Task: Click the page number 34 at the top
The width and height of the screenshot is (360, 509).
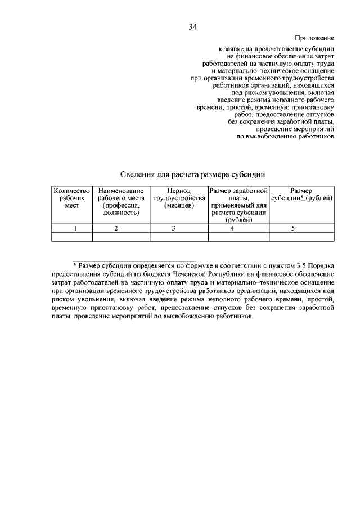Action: pos(193,26)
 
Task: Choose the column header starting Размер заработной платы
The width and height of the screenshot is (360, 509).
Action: pos(238,205)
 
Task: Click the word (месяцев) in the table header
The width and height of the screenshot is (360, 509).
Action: pos(178,206)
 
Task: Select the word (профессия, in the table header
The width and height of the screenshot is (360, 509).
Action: pos(121,206)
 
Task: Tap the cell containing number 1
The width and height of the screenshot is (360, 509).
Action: pos(71,228)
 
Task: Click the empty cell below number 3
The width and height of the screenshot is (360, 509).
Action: pos(178,237)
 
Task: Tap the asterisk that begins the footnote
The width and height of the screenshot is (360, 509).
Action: pos(75,264)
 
